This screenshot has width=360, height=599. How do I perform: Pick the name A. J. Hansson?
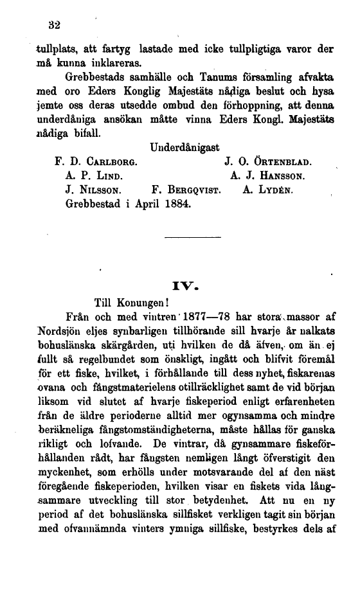click(x=267, y=175)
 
